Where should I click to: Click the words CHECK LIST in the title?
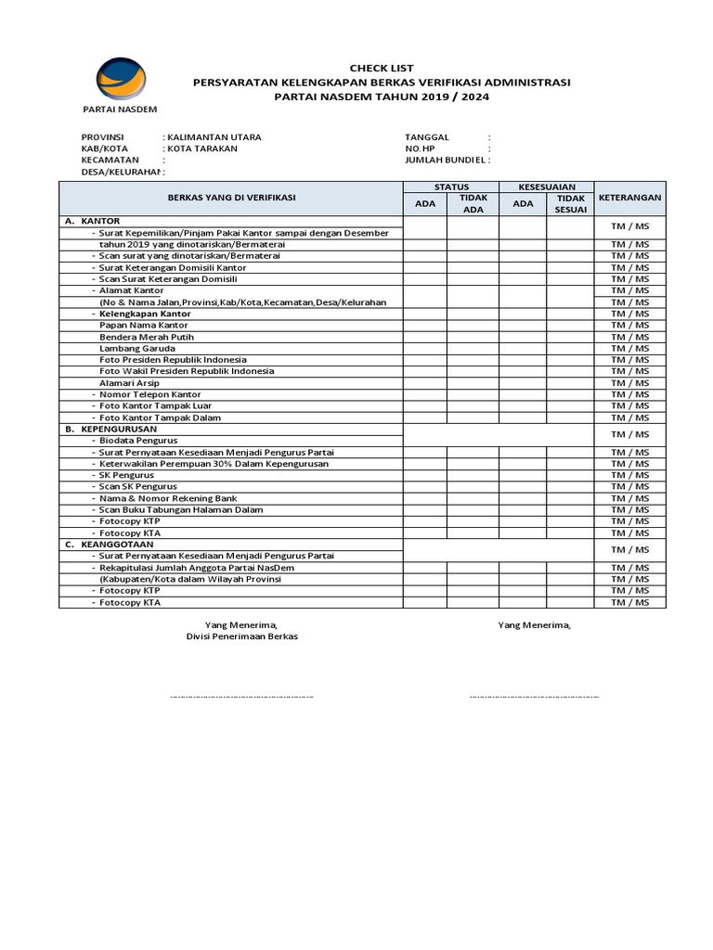(381, 69)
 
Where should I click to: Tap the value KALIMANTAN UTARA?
(213, 137)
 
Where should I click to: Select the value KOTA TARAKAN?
(201, 148)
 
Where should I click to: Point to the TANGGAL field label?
(426, 137)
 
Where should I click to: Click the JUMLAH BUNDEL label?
(446, 160)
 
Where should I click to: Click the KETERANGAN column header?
(629, 198)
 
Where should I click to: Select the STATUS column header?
(451, 186)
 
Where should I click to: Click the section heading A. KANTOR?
(93, 221)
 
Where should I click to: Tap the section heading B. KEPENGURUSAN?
(110, 430)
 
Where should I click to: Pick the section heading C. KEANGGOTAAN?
(110, 545)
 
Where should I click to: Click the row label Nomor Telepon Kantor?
(150, 394)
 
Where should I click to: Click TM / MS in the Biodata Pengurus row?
(629, 434)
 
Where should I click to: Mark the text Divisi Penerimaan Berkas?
(242, 637)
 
